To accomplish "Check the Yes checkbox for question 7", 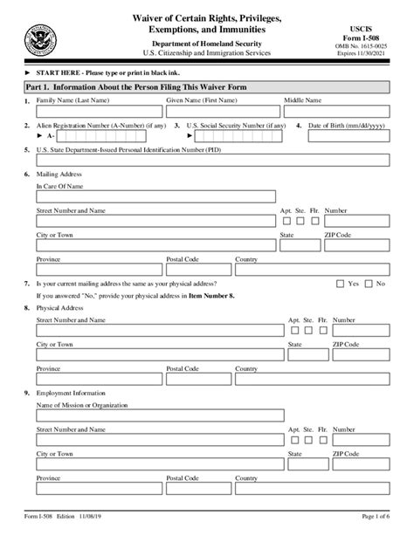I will (341, 284).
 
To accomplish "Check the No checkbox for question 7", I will (369, 284).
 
